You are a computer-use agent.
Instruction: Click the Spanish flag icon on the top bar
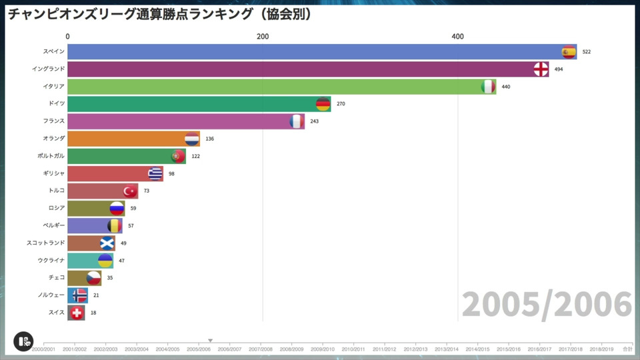pyautogui.click(x=569, y=52)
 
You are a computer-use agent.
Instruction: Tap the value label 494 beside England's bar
pyautogui.click(x=559, y=69)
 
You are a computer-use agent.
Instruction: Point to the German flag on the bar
pyautogui.click(x=323, y=104)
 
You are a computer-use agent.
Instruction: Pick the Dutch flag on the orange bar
pyautogui.click(x=192, y=139)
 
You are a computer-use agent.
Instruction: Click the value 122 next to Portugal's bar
pyautogui.click(x=195, y=156)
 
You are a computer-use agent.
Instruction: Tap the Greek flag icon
pyautogui.click(x=155, y=173)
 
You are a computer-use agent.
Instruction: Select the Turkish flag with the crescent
pyautogui.click(x=130, y=191)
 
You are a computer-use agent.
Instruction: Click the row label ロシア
pyautogui.click(x=57, y=208)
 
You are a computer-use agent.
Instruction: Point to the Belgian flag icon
pyautogui.click(x=115, y=226)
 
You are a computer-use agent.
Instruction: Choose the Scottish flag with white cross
pyautogui.click(x=107, y=243)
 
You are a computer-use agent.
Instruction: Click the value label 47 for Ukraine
pyautogui.click(x=121, y=261)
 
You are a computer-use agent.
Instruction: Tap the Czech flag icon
pyautogui.click(x=93, y=278)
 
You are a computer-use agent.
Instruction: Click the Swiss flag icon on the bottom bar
pyautogui.click(x=77, y=313)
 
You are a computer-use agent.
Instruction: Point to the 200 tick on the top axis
pyautogui.click(x=263, y=37)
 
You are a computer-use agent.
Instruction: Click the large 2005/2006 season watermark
pyautogui.click(x=547, y=305)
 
